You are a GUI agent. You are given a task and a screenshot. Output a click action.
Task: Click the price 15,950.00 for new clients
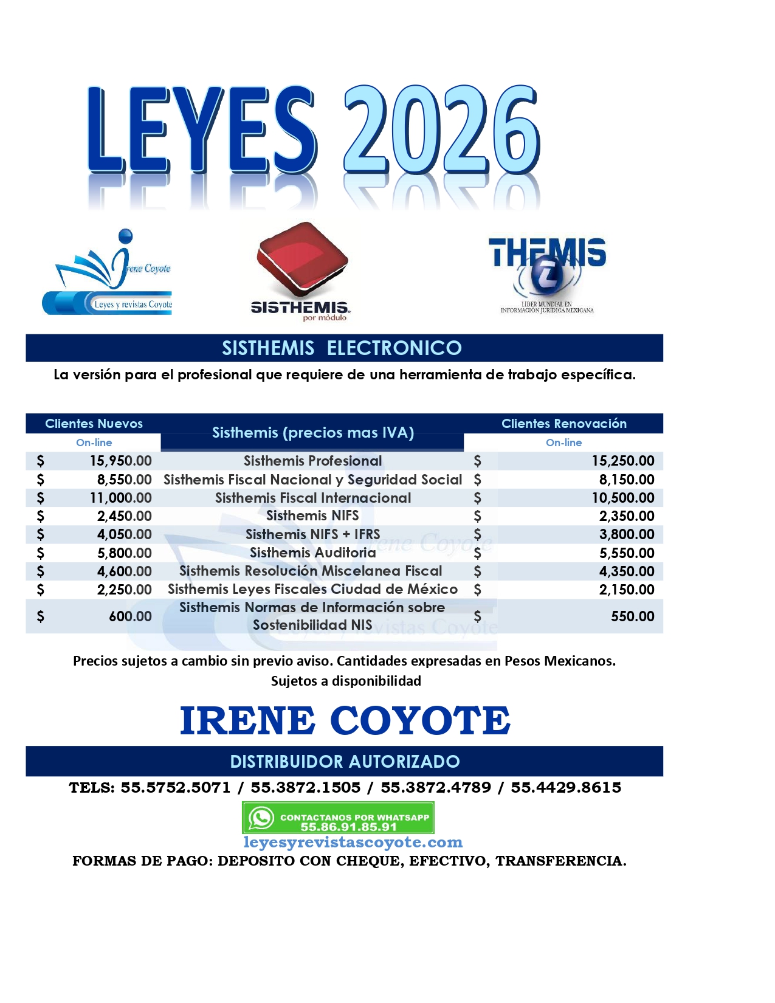[120, 461]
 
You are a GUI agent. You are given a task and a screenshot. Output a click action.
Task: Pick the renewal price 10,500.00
[623, 498]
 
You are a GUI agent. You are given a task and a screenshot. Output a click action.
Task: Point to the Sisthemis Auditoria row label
[312, 553]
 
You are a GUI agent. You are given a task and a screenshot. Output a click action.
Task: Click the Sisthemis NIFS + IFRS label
[312, 534]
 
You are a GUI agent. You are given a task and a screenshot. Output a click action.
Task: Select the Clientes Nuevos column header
[94, 424]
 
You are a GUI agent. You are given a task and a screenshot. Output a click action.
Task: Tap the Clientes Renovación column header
[563, 424]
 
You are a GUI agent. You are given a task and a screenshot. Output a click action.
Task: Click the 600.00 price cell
[130, 616]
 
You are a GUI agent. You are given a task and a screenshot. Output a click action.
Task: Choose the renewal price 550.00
[632, 616]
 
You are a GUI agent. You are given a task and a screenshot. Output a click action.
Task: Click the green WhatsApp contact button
[338, 818]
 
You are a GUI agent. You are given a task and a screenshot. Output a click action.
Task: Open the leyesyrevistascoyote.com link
[353, 843]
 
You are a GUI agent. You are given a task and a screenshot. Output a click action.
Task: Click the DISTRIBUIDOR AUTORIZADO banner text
[345, 762]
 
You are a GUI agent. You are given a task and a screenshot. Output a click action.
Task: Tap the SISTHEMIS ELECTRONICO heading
[342, 348]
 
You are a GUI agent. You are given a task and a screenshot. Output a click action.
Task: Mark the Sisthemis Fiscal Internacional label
[312, 498]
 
